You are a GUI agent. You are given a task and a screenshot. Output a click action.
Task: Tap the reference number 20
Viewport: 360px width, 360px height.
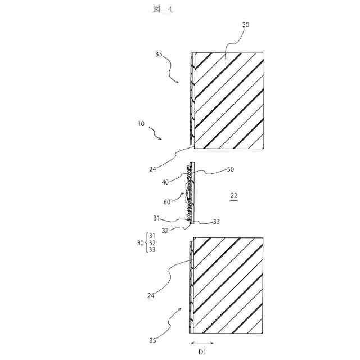[x=246, y=25]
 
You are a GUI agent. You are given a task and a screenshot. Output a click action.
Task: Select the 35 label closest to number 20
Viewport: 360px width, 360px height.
[x=159, y=55]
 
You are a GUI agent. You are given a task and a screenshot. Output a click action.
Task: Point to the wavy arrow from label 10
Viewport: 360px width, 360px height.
[x=156, y=133]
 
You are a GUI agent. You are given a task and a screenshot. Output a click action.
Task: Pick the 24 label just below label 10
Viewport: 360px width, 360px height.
[x=154, y=167]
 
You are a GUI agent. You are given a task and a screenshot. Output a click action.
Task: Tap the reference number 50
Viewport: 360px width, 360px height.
[x=231, y=169]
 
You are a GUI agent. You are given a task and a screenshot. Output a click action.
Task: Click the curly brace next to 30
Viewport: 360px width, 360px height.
[x=146, y=242]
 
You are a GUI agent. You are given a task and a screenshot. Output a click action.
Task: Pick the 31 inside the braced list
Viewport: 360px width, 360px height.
[x=152, y=235]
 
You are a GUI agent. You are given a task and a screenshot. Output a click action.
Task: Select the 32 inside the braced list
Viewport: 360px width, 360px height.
[x=152, y=242]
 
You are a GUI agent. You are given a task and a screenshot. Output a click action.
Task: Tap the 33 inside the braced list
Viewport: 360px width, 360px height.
[x=152, y=250]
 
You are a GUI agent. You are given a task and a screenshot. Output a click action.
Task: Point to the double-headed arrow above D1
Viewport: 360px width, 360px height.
[x=202, y=342]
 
